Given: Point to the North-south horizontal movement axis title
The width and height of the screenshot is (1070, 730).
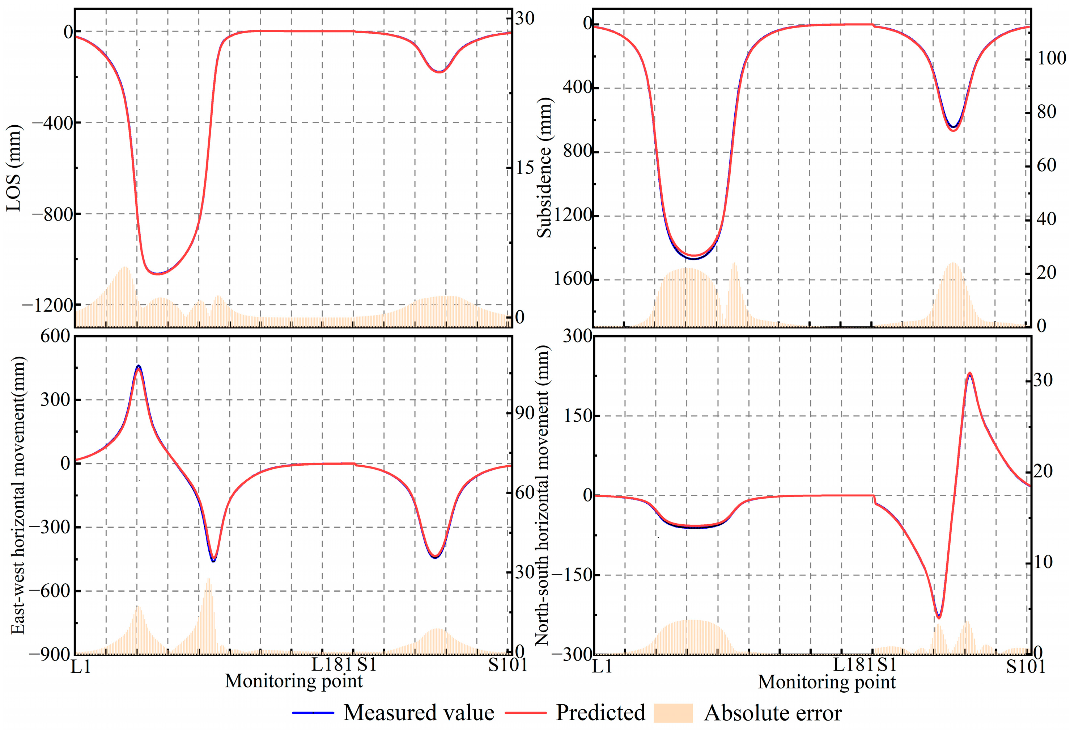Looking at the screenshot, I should [542, 495].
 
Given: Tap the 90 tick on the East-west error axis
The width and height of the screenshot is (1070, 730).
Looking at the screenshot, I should [525, 414].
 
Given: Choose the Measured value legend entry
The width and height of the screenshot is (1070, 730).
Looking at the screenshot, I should [419, 713].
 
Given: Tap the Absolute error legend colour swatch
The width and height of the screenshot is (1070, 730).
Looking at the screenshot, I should [673, 713].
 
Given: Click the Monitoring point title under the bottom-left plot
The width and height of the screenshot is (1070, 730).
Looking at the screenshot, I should [294, 681].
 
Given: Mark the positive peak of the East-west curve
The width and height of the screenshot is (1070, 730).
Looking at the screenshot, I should [139, 367].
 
